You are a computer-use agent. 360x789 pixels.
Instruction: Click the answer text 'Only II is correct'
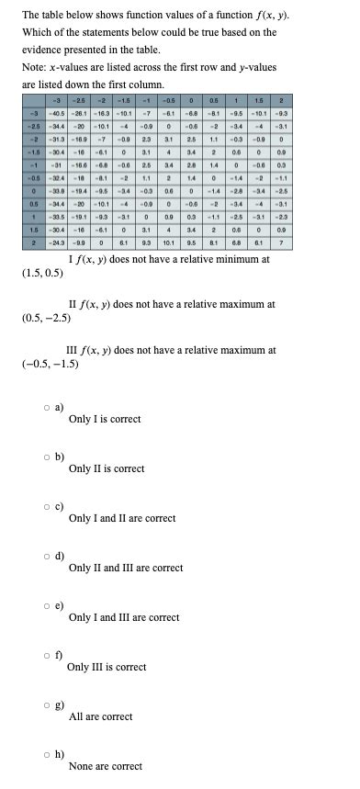[x=106, y=468]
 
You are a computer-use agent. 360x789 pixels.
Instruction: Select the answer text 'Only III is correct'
[x=107, y=667]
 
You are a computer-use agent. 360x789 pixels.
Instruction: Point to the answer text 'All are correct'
[x=100, y=716]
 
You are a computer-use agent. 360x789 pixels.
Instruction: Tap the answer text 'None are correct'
[x=105, y=766]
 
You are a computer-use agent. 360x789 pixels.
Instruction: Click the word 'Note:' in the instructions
[x=36, y=67]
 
